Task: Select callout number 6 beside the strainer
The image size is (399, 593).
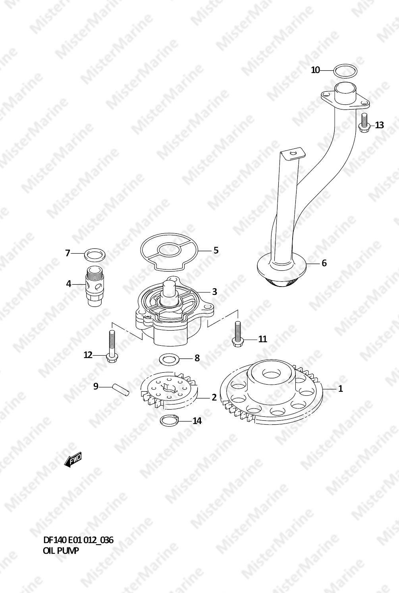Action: pyautogui.click(x=324, y=263)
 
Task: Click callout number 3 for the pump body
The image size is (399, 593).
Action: pyautogui.click(x=215, y=291)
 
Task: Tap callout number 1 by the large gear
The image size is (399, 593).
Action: pyautogui.click(x=341, y=389)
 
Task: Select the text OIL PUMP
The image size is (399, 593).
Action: pyautogui.click(x=61, y=551)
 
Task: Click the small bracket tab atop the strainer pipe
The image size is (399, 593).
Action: pyautogui.click(x=293, y=153)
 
